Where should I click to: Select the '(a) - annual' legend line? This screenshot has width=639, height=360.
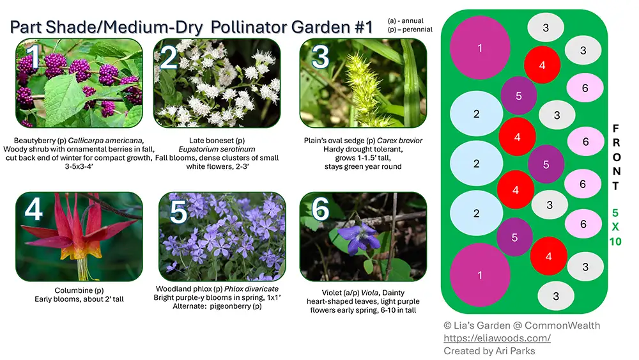(x=406, y=21)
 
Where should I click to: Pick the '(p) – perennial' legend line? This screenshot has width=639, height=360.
(x=410, y=29)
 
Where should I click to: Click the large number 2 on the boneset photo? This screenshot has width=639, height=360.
(x=169, y=58)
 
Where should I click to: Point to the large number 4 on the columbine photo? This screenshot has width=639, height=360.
(x=33, y=210)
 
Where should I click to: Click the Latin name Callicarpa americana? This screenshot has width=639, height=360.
(x=106, y=141)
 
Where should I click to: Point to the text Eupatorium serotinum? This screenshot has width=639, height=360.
(x=217, y=149)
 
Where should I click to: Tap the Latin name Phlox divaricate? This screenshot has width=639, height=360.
(x=251, y=288)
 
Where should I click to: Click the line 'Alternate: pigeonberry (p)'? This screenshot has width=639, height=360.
(x=217, y=306)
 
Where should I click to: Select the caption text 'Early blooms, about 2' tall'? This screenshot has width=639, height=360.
(x=79, y=299)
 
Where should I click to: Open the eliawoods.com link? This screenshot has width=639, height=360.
(x=497, y=338)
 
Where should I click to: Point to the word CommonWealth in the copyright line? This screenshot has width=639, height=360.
(x=562, y=325)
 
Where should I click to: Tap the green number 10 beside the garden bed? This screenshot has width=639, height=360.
(x=615, y=242)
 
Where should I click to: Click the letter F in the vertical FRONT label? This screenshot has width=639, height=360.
(x=616, y=129)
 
